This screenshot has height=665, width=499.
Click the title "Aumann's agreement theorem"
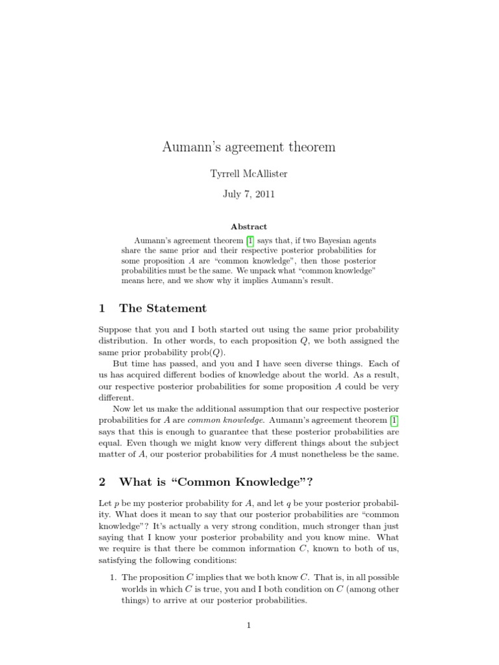click(249, 147)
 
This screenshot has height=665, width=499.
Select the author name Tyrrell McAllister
click(249, 174)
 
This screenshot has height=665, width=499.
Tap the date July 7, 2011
click(249, 194)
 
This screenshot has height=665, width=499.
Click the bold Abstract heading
click(249, 227)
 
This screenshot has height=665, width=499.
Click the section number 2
click(102, 482)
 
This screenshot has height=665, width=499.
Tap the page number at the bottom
click(249, 625)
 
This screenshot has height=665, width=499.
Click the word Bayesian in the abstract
click(326, 240)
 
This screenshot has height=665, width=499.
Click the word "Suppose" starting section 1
click(116, 329)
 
